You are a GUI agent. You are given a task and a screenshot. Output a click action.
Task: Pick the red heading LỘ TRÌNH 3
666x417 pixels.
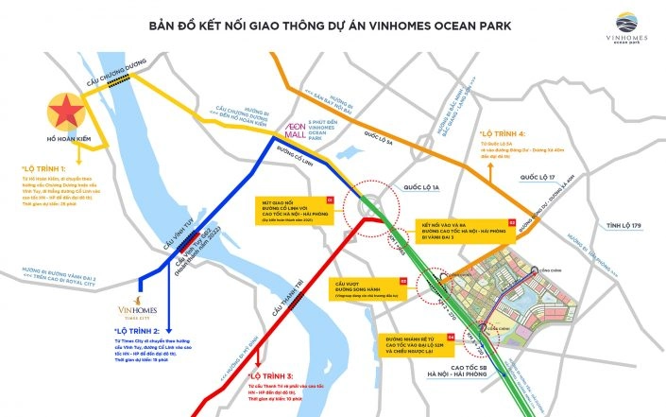270,376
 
